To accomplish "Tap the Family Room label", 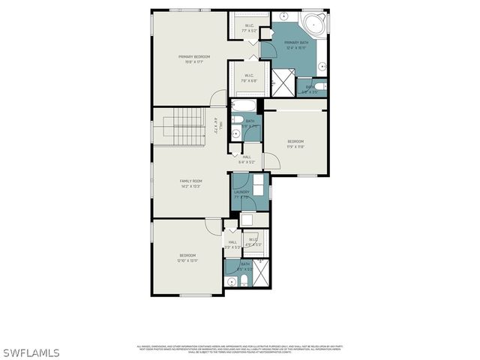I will [191, 184].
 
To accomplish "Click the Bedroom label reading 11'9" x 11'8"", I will [295, 144].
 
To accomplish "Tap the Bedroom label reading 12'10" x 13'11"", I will [187, 258].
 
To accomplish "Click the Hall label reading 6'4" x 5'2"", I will [247, 159].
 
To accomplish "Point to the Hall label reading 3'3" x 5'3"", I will [232, 244].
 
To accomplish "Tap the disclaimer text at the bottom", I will [238, 349].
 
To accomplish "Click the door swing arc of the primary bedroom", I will [217, 97].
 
